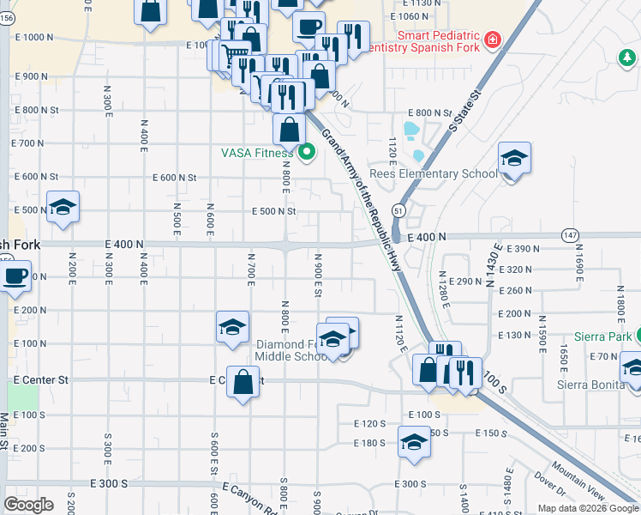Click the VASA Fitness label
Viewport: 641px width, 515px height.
pyautogui.click(x=256, y=154)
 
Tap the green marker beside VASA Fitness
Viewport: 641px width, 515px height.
pyautogui.click(x=307, y=154)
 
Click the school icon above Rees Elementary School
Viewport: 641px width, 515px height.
pyautogui.click(x=514, y=159)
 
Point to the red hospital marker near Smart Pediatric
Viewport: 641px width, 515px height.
pyautogui.click(x=493, y=39)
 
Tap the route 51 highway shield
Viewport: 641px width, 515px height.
pyautogui.click(x=399, y=210)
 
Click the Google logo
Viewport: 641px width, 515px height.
pyautogui.click(x=27, y=505)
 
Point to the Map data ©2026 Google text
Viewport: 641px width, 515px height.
pyautogui.click(x=587, y=508)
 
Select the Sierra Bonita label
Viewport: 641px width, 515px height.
pyautogui.click(x=590, y=384)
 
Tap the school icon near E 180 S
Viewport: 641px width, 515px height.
pyautogui.click(x=414, y=444)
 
